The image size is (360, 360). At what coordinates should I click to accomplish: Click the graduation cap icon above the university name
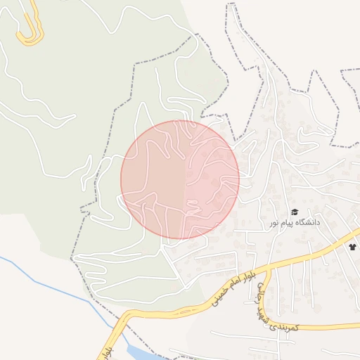[x=295, y=212]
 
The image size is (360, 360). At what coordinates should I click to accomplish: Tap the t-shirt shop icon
[x=352, y=247]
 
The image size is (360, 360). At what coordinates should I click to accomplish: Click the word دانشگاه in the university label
[x=307, y=221]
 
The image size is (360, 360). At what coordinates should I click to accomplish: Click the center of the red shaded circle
[x=180, y=179]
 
